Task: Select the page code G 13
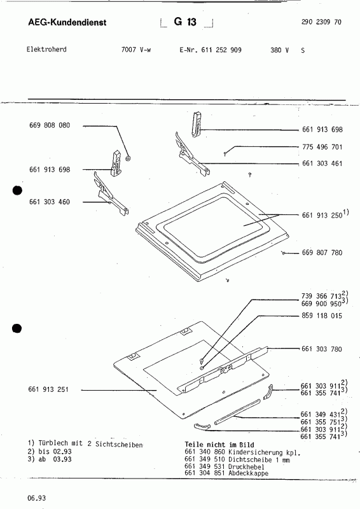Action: pos(187,22)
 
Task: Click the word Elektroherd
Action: pos(47,49)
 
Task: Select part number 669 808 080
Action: pos(50,126)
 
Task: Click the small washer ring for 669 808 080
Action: pos(128,157)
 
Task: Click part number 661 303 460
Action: pos(50,202)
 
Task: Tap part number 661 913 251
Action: pos(50,389)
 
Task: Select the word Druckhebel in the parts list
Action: pos(251,465)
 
